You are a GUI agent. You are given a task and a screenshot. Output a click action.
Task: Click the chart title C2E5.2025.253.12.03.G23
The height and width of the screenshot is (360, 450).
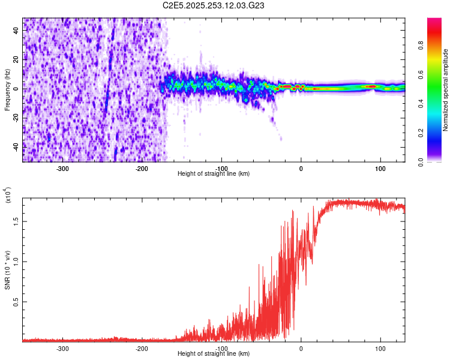point(214,5)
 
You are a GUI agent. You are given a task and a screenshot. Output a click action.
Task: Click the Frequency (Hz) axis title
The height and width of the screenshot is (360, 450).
point(7,89)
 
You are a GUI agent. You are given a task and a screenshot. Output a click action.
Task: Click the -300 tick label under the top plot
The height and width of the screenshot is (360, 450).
point(63,169)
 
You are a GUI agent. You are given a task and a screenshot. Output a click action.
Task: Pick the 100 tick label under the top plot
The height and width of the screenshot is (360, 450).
point(380,169)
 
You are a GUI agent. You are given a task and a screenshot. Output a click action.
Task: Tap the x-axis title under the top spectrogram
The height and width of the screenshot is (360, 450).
point(214,174)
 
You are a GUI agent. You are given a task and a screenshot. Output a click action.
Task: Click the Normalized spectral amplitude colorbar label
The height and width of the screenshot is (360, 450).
point(446,89)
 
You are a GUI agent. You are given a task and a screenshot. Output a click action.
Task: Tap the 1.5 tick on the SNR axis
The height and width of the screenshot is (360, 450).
point(16,220)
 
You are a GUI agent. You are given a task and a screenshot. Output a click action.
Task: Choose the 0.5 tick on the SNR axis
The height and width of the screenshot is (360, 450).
point(16,301)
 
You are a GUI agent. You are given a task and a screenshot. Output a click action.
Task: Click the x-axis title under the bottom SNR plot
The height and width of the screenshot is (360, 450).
point(214,354)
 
